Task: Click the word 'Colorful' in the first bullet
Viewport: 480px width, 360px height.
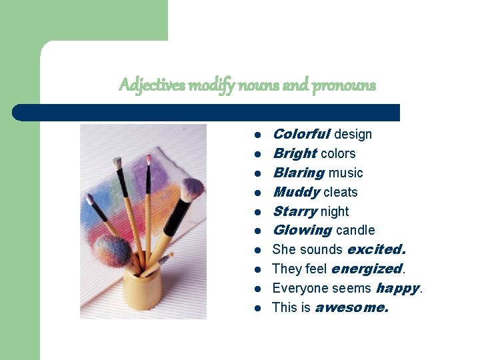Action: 301,134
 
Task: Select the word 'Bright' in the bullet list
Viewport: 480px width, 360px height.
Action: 295,153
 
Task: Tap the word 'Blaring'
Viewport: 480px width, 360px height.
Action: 298,173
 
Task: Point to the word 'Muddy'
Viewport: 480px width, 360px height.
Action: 296,192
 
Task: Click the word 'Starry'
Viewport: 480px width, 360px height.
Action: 294,211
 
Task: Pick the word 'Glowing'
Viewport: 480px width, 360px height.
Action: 302,230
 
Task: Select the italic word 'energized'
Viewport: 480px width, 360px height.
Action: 367,269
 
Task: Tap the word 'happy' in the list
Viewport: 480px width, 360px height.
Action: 397,288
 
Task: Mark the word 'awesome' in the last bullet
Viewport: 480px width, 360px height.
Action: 351,307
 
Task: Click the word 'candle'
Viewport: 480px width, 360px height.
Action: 355,230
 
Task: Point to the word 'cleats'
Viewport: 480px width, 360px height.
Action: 341,192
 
